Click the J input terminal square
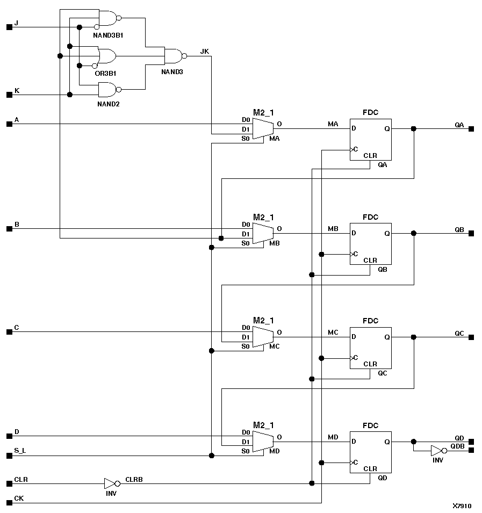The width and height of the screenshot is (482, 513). (9, 27)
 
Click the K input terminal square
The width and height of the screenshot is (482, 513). (9, 95)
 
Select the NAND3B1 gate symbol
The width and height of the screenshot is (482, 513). (107, 18)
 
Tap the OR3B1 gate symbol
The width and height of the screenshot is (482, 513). (106, 56)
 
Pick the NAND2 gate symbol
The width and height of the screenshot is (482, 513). (107, 89)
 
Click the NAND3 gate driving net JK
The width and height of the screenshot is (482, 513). (173, 56)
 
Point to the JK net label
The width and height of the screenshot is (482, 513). (205, 51)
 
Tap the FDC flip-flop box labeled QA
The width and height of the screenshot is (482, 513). (371, 140)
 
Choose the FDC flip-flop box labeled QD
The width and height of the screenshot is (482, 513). (371, 452)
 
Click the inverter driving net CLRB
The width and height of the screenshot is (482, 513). (110, 483)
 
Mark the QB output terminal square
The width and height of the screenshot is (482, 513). (471, 234)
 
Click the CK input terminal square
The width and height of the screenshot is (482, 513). (9, 503)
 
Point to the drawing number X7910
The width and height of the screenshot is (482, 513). (461, 506)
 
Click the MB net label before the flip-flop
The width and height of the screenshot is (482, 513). (333, 229)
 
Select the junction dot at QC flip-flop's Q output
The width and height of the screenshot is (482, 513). (413, 337)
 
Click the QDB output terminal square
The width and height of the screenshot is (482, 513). (471, 450)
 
